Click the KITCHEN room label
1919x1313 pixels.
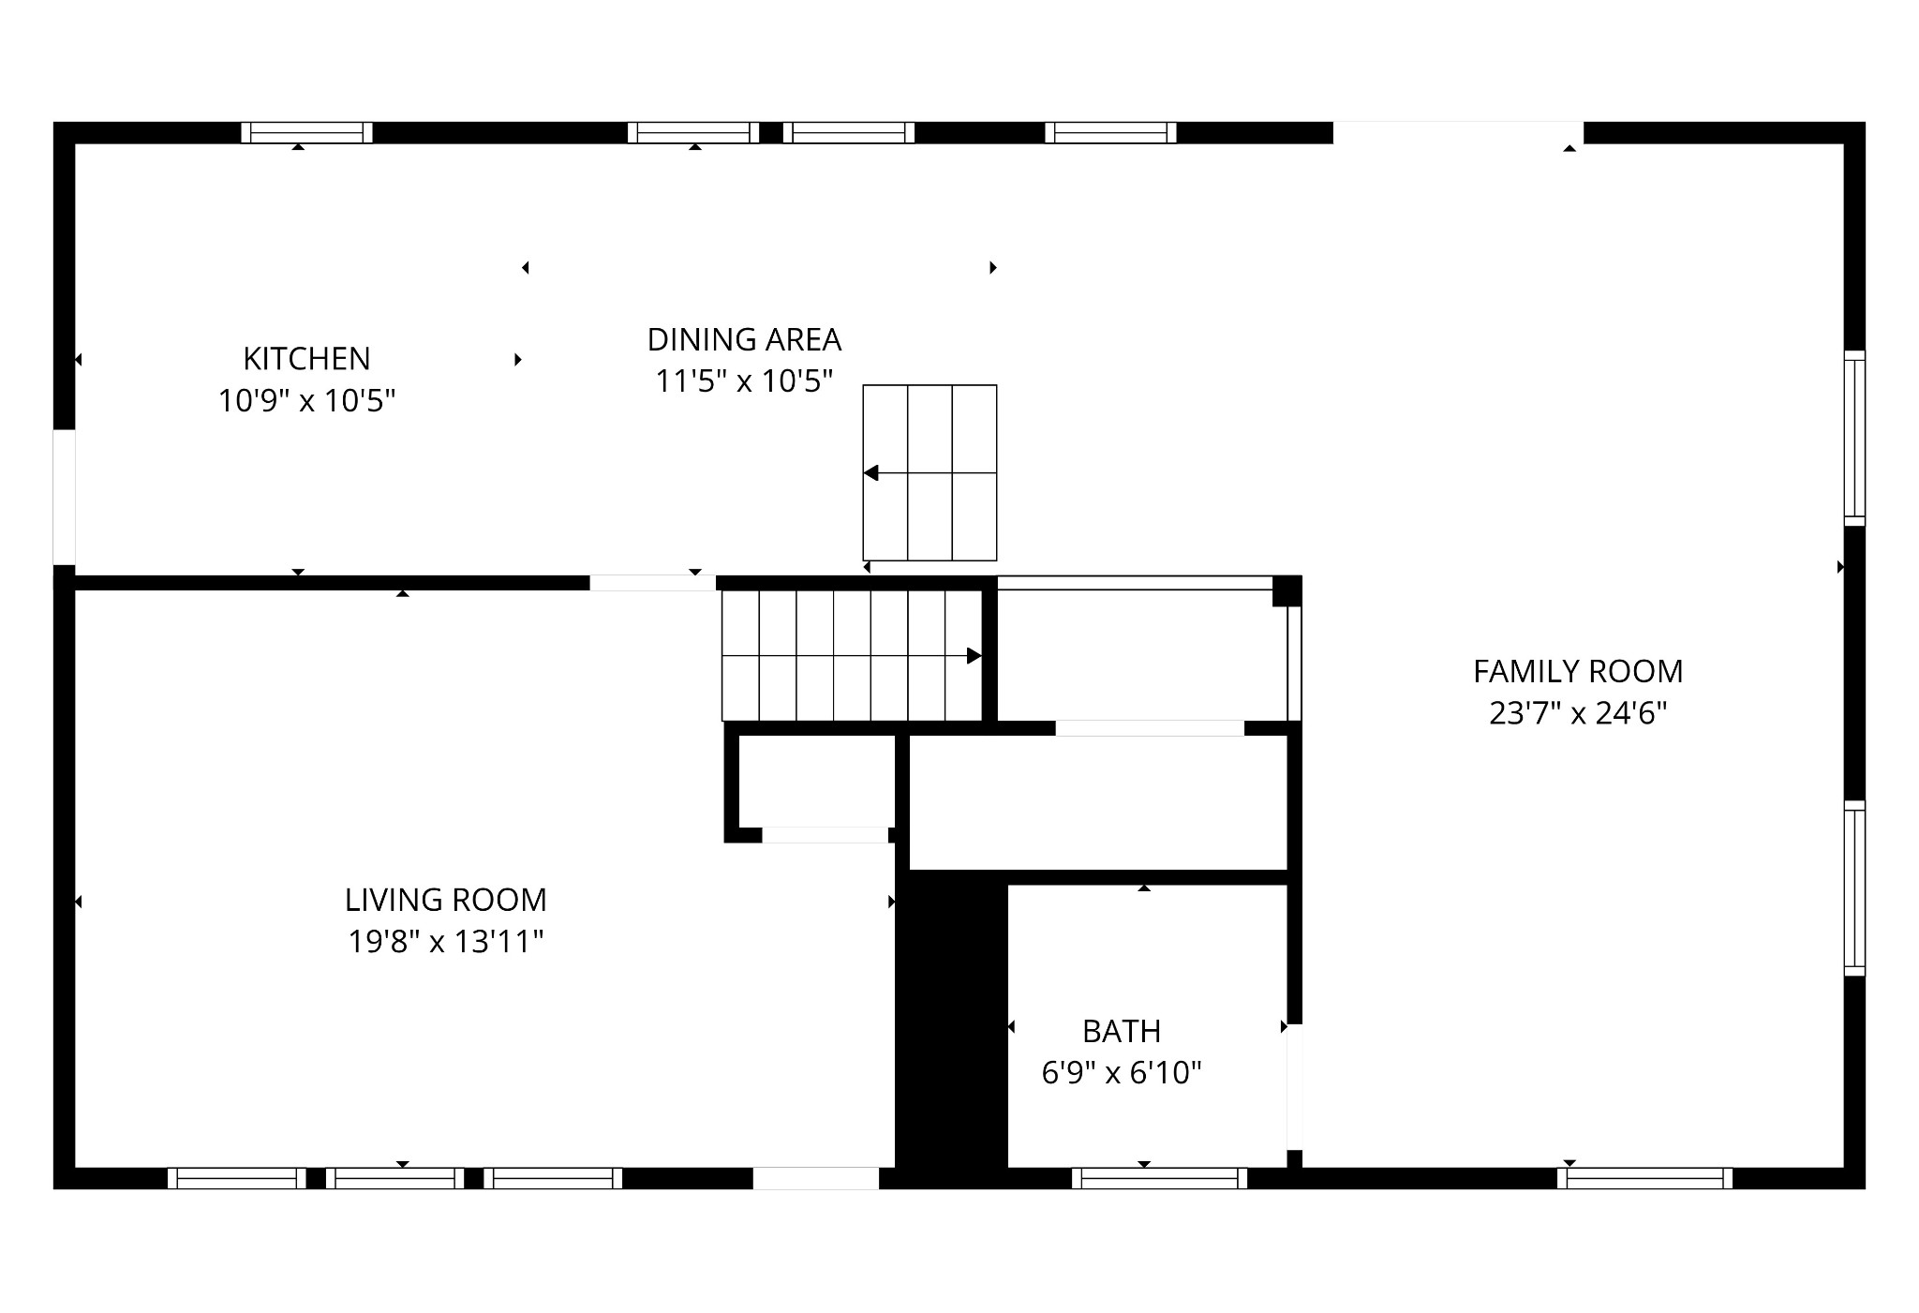coord(306,358)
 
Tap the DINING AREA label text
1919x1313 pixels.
coord(744,339)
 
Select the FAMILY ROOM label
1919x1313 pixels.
coord(1578,671)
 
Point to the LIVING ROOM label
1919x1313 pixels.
coord(445,900)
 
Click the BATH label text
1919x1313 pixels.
coord(1122,1031)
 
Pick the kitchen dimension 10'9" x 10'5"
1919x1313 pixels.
coord(306,401)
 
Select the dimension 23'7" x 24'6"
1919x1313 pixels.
coord(1578,714)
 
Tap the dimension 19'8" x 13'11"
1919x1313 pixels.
coord(445,941)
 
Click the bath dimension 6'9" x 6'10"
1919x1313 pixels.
coord(1122,1072)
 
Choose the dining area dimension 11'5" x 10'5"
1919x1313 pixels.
coord(744,381)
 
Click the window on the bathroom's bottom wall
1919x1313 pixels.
coord(1160,1178)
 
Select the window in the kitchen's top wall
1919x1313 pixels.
coord(306,133)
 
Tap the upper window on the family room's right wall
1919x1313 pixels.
coord(1854,438)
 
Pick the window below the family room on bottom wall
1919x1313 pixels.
coord(1645,1178)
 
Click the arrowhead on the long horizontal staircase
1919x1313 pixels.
coord(974,656)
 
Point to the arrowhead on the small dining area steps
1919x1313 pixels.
coord(870,473)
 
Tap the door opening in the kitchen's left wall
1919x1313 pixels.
coord(64,498)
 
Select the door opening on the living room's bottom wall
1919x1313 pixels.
coord(816,1178)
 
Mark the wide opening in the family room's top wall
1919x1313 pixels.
coord(1458,133)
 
